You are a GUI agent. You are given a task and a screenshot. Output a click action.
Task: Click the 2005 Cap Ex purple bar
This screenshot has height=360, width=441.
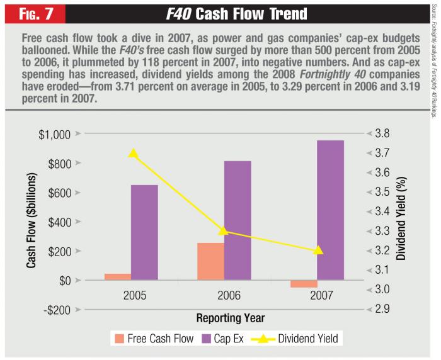click(x=144, y=232)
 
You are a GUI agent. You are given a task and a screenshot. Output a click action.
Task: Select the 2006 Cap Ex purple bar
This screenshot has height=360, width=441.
click(x=238, y=220)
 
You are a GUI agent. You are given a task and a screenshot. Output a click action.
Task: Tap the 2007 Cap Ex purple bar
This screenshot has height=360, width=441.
click(x=330, y=210)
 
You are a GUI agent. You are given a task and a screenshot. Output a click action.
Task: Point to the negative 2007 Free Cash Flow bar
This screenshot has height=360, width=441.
click(x=304, y=284)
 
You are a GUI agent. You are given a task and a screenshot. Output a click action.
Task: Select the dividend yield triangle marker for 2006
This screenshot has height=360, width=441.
click(x=225, y=232)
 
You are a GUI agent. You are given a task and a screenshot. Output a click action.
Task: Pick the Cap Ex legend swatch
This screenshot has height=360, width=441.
click(x=205, y=339)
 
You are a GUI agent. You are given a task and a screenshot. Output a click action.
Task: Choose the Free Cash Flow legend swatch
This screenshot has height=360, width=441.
click(x=119, y=339)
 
